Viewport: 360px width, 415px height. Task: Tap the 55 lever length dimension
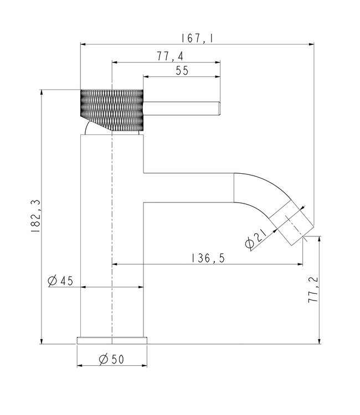[x=182, y=70]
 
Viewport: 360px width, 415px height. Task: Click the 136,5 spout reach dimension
[x=208, y=258]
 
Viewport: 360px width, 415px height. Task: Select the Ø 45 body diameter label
[x=60, y=281]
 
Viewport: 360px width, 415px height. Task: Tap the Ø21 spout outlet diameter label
[x=255, y=237]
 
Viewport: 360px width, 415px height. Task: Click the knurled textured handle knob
[x=112, y=108]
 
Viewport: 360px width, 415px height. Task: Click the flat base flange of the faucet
[x=112, y=340]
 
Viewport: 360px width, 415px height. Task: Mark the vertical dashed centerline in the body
[x=112, y=232]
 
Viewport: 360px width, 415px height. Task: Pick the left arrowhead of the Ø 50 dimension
[x=79, y=366]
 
